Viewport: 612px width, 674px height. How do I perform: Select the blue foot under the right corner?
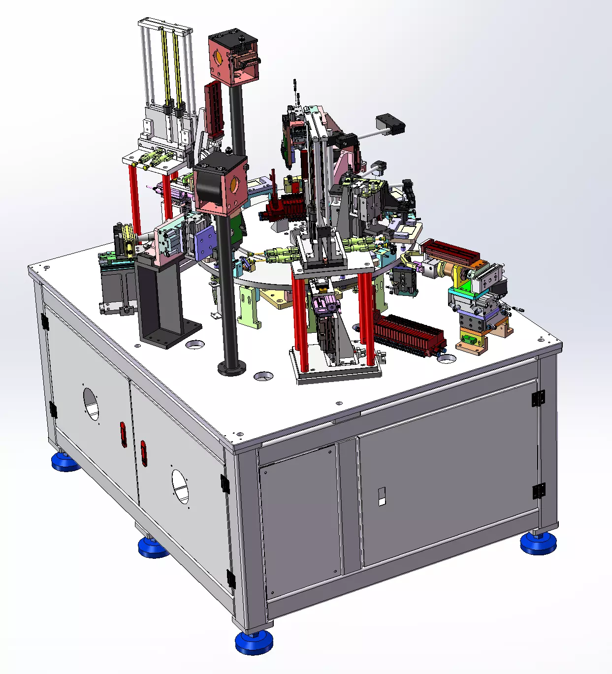pyautogui.click(x=538, y=543)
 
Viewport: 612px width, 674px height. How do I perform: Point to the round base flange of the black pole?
pyautogui.click(x=231, y=367)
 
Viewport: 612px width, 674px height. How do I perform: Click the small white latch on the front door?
pyautogui.click(x=382, y=496)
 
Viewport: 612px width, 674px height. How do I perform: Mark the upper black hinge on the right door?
pyautogui.click(x=538, y=398)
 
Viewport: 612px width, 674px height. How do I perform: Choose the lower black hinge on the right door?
pyautogui.click(x=538, y=490)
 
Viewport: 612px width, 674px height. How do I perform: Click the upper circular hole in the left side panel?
pyautogui.click(x=91, y=404)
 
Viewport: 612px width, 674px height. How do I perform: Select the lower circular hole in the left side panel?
pyautogui.click(x=180, y=486)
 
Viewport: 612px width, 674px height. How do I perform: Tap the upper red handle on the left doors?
pyautogui.click(x=123, y=434)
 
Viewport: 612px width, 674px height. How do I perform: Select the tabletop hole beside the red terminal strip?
pyautogui.click(x=447, y=358)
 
